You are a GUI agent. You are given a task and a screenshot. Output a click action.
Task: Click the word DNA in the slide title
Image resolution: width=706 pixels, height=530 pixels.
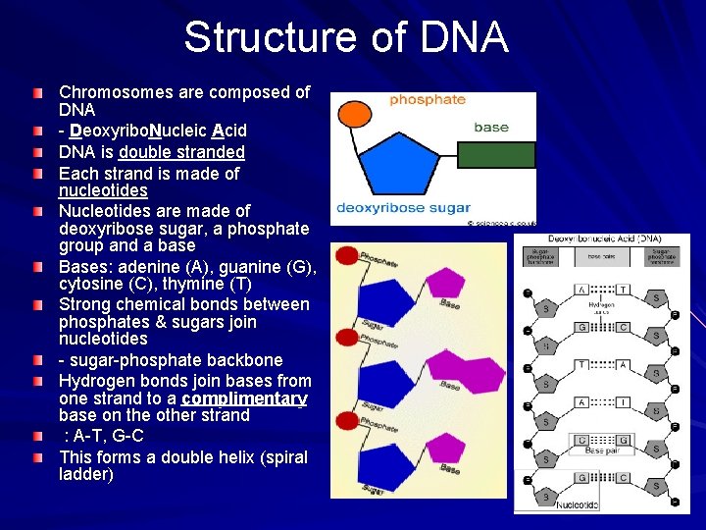pos(464,37)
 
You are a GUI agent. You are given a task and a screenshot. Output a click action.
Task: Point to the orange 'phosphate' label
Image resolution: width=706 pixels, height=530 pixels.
pos(427,99)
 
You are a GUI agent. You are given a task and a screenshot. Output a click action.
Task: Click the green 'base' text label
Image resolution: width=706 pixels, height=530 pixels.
pos(490,127)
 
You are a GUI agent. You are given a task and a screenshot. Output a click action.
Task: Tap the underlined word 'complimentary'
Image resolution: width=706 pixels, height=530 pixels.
pos(244,398)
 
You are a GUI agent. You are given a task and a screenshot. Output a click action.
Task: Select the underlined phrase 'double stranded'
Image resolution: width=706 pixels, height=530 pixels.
pos(181,152)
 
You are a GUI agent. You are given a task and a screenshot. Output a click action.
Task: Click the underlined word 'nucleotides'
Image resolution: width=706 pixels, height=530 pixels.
pos(103,190)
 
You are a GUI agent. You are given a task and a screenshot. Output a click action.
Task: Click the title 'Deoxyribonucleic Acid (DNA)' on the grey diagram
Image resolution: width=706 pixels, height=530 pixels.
pos(603,238)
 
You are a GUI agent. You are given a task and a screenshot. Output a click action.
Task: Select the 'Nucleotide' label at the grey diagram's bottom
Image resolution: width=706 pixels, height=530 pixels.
pos(577,504)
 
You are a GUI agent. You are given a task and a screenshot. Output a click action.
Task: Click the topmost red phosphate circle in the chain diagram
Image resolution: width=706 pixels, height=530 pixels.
pos(346,256)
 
